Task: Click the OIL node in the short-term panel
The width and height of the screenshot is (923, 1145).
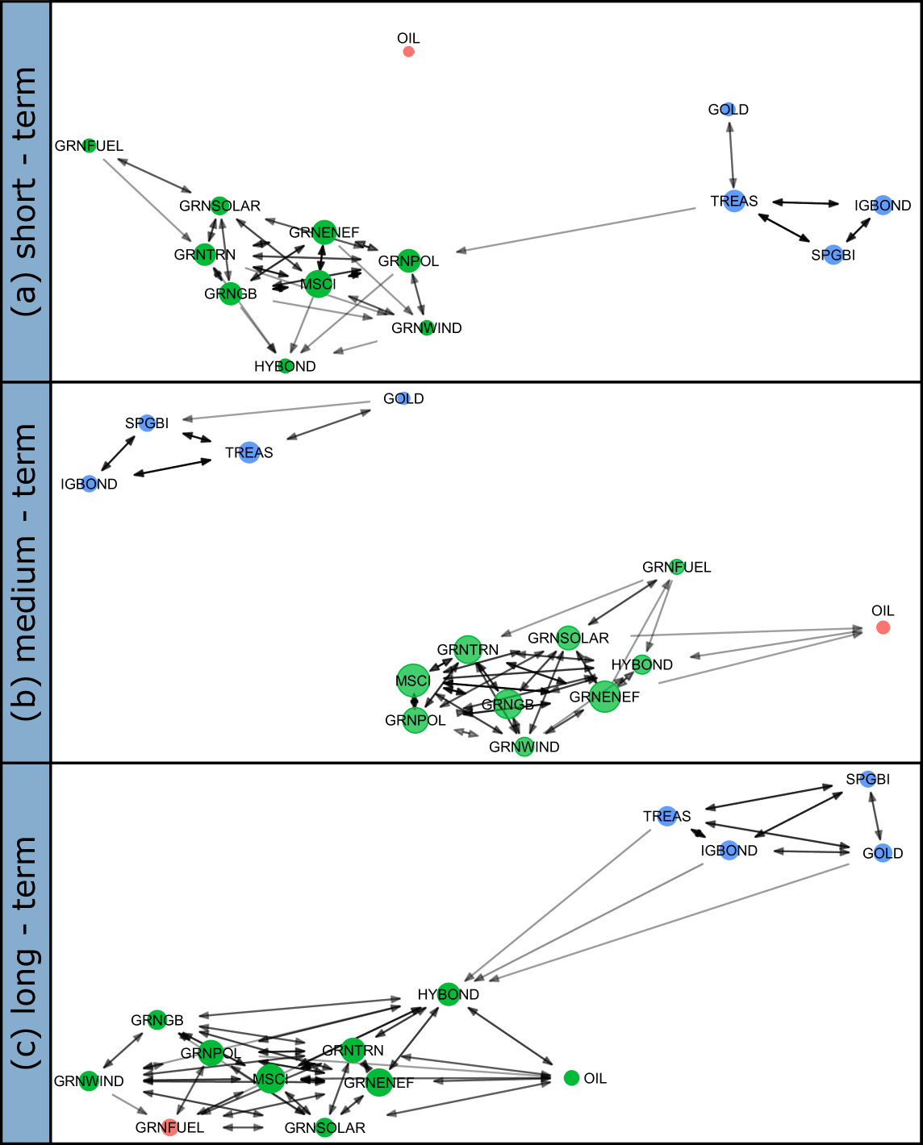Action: pyautogui.click(x=408, y=52)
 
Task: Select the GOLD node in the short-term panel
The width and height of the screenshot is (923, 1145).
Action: pyautogui.click(x=729, y=110)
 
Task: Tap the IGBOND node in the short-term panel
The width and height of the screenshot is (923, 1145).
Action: pyautogui.click(x=883, y=206)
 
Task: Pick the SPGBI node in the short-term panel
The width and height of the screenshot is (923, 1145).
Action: pyautogui.click(x=833, y=256)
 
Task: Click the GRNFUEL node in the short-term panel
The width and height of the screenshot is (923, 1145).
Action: pyautogui.click(x=90, y=146)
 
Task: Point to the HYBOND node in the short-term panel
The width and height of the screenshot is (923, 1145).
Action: pyautogui.click(x=285, y=366)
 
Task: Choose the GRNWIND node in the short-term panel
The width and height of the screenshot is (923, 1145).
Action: pyautogui.click(x=427, y=328)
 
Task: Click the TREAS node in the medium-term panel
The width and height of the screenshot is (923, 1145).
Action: pyautogui.click(x=249, y=452)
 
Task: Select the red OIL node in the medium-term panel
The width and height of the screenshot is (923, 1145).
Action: pyautogui.click(x=883, y=627)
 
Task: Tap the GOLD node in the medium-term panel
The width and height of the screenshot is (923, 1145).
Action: pyautogui.click(x=403, y=398)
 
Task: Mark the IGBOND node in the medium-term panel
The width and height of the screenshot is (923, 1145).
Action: pyautogui.click(x=90, y=484)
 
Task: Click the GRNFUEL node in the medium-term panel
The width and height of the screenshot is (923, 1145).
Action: pyautogui.click(x=677, y=567)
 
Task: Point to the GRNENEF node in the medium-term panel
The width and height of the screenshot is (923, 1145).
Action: pyautogui.click(x=604, y=697)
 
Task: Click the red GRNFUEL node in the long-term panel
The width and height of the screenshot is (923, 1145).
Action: pyautogui.click(x=169, y=1127)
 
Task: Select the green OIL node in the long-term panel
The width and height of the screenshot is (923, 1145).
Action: pyautogui.click(x=571, y=1078)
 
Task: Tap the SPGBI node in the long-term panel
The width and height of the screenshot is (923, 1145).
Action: pyautogui.click(x=868, y=779)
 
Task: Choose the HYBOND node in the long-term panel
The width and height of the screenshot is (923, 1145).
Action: pyautogui.click(x=449, y=994)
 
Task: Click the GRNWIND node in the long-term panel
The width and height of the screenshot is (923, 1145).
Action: pyautogui.click(x=90, y=1081)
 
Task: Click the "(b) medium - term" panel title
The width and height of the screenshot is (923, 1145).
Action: pyautogui.click(x=26, y=572)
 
